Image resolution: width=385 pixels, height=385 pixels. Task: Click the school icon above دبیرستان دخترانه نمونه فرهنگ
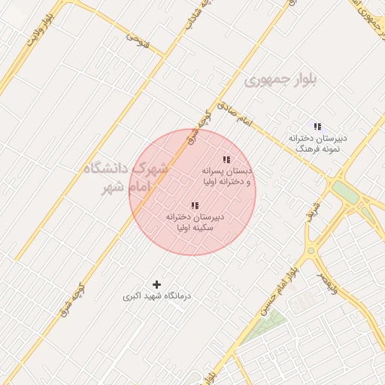[x=317, y=126]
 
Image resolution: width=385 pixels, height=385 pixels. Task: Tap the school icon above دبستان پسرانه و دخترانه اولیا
[x=226, y=159]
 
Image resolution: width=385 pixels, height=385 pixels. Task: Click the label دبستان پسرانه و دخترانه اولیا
[x=226, y=177]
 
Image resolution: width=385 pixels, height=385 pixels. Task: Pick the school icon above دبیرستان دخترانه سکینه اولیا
[x=195, y=205]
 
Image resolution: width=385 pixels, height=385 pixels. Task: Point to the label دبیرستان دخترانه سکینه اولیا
[x=195, y=222]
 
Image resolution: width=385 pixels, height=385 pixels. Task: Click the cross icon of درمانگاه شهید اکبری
[x=156, y=284]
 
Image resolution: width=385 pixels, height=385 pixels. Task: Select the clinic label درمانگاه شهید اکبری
[x=157, y=297]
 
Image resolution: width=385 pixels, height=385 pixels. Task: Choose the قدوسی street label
[x=138, y=42]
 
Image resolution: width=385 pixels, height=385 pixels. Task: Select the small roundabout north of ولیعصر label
[x=311, y=250]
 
